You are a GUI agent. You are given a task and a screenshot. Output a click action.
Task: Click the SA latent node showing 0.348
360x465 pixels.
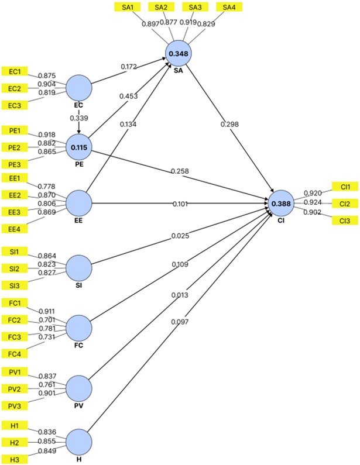click(178, 54)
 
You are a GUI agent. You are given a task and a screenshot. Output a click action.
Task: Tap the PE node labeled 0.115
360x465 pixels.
click(78, 147)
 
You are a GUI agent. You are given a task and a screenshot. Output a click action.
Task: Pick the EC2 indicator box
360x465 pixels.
click(15, 88)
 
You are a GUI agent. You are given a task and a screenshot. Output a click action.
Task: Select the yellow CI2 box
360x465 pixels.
click(344, 204)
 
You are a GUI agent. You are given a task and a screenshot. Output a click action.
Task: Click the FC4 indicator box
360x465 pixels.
click(15, 354)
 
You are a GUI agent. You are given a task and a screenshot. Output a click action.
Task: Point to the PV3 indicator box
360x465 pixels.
click(15, 405)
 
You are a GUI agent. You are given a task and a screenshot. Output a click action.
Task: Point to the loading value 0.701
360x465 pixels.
click(47, 320)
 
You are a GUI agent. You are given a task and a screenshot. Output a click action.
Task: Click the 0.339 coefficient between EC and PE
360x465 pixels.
click(78, 118)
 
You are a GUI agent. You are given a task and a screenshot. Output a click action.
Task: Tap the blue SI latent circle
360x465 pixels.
click(78, 268)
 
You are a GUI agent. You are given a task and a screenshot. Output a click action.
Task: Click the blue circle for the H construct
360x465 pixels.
click(78, 442)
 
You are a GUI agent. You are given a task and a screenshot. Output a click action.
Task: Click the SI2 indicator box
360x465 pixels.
click(15, 268)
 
